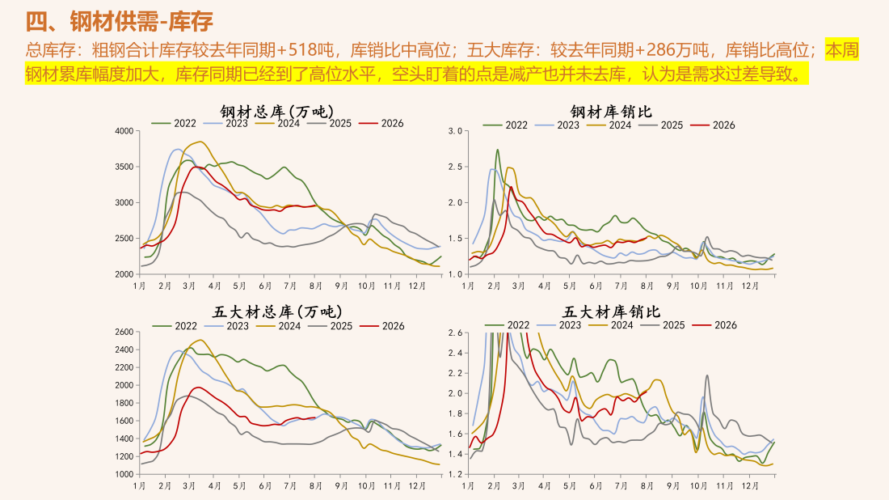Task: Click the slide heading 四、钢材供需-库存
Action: point(119,22)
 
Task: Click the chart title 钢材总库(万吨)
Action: point(277,111)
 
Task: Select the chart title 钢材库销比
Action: point(611,111)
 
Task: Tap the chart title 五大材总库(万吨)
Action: point(277,311)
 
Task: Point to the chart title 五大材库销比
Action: point(611,311)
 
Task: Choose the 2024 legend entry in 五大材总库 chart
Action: point(278,326)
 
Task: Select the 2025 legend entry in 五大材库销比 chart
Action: point(663,325)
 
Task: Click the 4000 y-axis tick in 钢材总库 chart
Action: point(124,131)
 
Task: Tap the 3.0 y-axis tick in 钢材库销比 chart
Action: point(455,131)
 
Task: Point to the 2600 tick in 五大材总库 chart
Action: point(124,332)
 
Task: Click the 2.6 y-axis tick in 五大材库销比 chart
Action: point(455,332)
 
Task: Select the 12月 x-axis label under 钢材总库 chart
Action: point(417,286)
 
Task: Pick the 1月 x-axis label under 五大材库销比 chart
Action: point(468,485)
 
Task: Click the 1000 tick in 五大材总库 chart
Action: point(124,474)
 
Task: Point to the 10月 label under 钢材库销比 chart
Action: point(699,286)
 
